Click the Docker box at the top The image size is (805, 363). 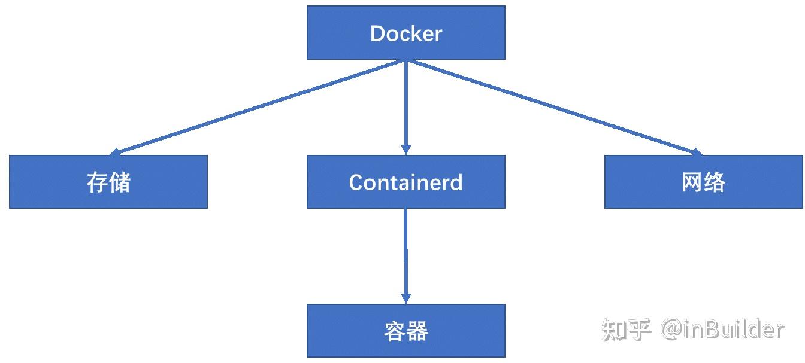[405, 33]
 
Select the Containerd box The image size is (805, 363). [405, 182]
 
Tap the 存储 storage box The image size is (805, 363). [108, 182]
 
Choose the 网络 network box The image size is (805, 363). [703, 182]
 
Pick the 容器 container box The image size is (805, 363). [405, 331]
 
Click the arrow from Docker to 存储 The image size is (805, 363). [258, 108]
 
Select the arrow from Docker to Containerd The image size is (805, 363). [405, 105]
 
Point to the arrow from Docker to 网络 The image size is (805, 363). [554, 108]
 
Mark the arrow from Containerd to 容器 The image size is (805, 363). [405, 254]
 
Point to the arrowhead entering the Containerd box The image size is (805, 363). [405, 150]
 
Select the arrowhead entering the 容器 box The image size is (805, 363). [405, 299]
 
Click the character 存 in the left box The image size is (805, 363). [97, 182]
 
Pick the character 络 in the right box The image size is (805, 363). [715, 182]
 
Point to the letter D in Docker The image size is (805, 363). [378, 33]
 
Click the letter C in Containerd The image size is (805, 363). [357, 182]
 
